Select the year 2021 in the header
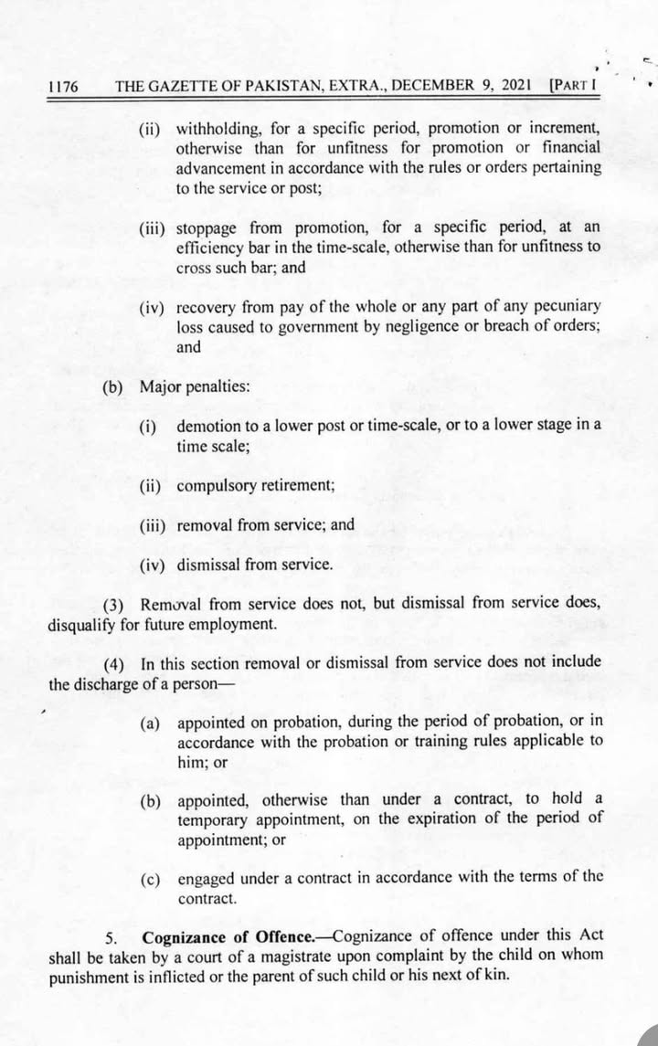tap(517, 87)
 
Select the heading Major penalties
tap(195, 387)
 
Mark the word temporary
tap(213, 819)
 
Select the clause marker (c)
tap(152, 879)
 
